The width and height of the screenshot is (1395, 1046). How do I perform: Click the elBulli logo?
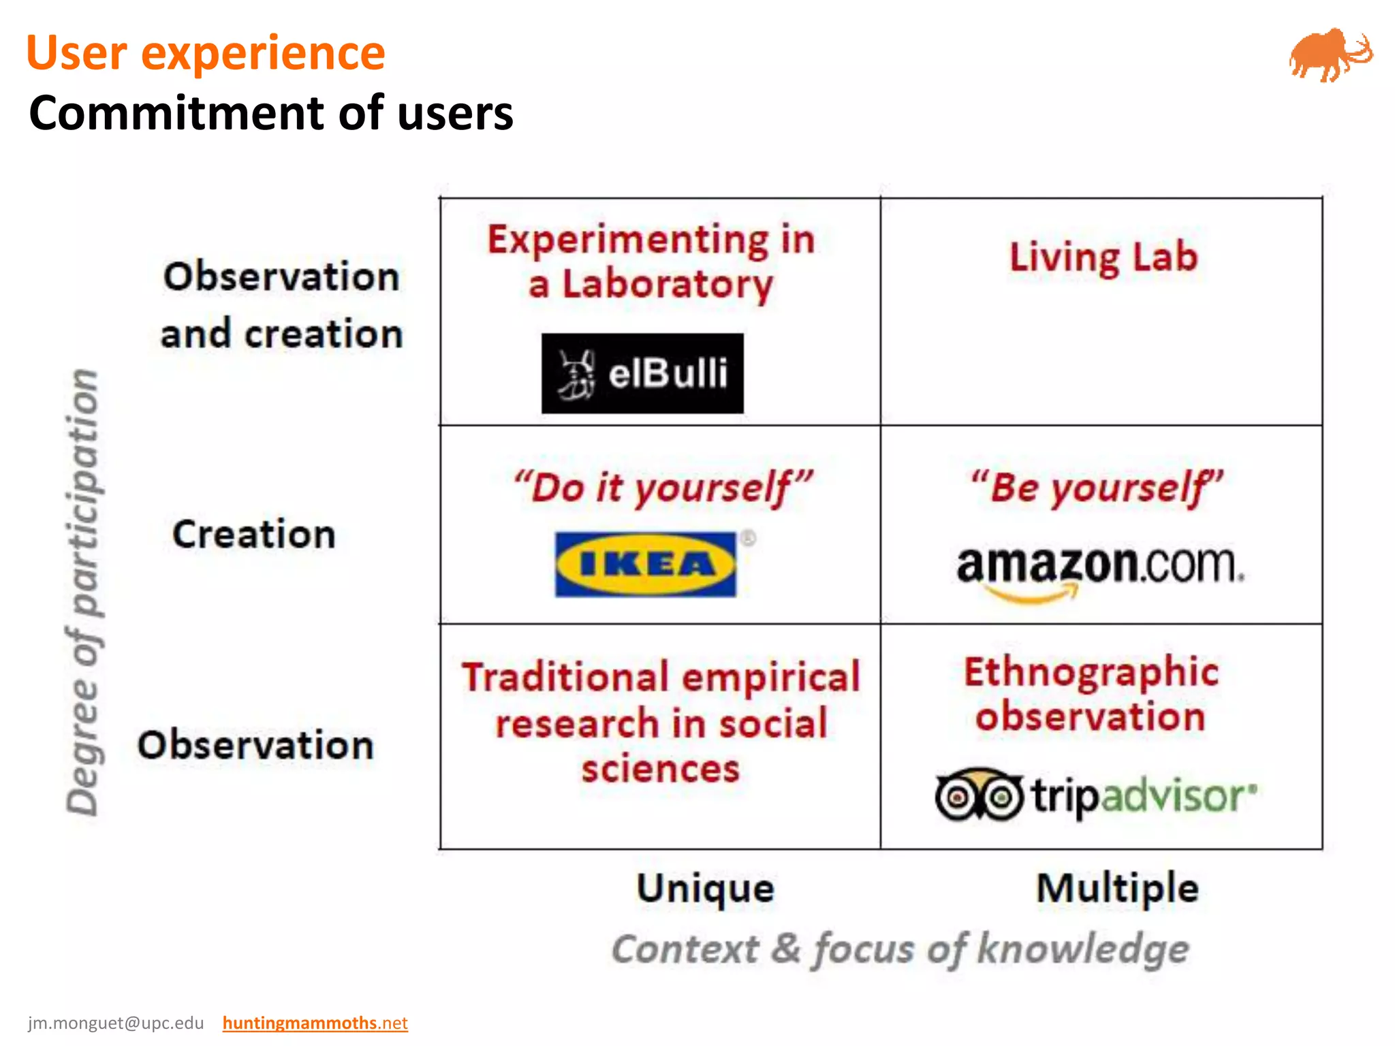pyautogui.click(x=642, y=373)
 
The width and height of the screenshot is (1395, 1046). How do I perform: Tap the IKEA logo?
pyautogui.click(x=646, y=565)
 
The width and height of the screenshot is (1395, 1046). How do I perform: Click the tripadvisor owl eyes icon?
pyautogui.click(x=978, y=795)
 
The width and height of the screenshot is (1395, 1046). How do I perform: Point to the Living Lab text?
pyautogui.click(x=1103, y=257)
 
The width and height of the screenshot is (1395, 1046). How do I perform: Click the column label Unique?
pyautogui.click(x=705, y=888)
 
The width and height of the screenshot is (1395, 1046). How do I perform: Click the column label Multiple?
pyautogui.click(x=1117, y=888)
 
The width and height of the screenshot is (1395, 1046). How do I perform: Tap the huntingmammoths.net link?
pyautogui.click(x=315, y=1023)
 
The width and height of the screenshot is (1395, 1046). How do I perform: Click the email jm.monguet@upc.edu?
pyautogui.click(x=116, y=1023)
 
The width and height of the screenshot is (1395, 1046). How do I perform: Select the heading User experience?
pyautogui.click(x=206, y=53)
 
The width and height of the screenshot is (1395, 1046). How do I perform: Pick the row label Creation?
pyautogui.click(x=254, y=534)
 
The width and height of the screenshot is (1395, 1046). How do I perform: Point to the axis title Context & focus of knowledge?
pyautogui.click(x=900, y=949)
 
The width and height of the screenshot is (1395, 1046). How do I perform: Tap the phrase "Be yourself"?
pyautogui.click(x=1097, y=488)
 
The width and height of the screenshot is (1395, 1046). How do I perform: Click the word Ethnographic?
pyautogui.click(x=1091, y=672)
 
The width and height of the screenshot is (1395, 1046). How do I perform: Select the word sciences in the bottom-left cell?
pyautogui.click(x=660, y=770)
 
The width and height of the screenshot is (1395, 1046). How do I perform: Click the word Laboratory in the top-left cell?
pyautogui.click(x=667, y=285)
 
